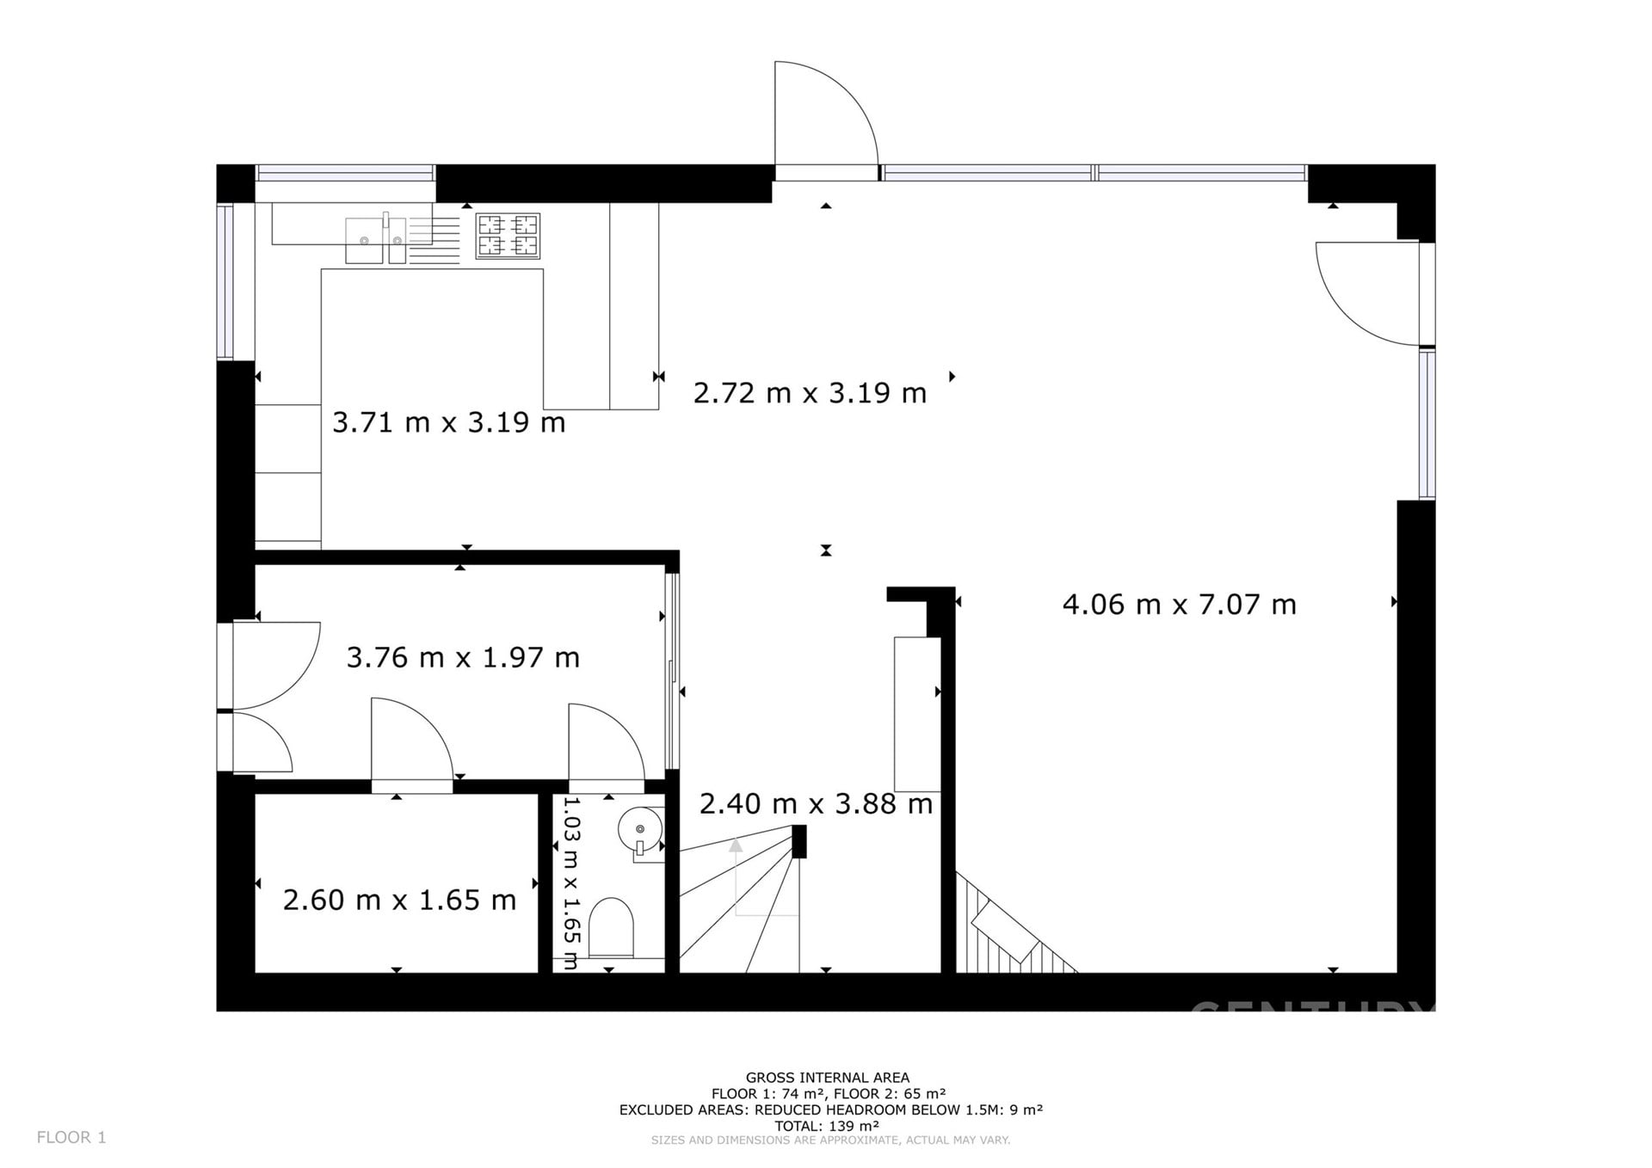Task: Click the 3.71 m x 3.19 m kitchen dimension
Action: pyautogui.click(x=448, y=422)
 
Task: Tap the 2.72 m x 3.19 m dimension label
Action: pyautogui.click(x=810, y=393)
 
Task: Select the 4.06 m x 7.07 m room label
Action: pyautogui.click(x=1179, y=605)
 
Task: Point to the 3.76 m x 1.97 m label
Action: pyautogui.click(x=463, y=658)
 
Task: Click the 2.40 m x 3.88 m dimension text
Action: pyautogui.click(x=816, y=804)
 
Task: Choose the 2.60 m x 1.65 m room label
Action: pyautogui.click(x=399, y=901)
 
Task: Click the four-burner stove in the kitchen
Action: pyautogui.click(x=508, y=236)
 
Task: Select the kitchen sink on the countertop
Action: pyautogui.click(x=375, y=240)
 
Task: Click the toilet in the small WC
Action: pyautogui.click(x=612, y=928)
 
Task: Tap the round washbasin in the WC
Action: pyautogui.click(x=640, y=829)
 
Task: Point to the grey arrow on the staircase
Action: pyautogui.click(x=736, y=845)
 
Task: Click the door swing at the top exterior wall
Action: pyautogui.click(x=827, y=113)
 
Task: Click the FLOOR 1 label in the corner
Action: pyautogui.click(x=71, y=1138)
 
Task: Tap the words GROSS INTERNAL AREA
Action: pyautogui.click(x=828, y=1078)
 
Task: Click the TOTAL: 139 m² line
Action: pyautogui.click(x=827, y=1126)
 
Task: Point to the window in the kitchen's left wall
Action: pyautogui.click(x=225, y=281)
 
